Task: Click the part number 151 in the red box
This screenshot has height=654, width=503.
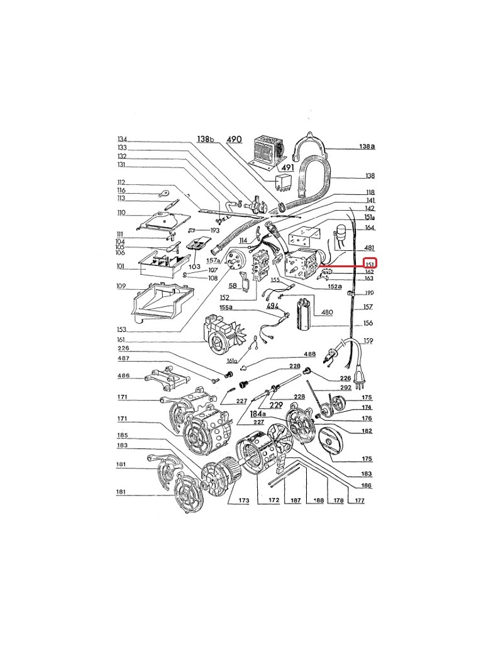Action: [371, 264]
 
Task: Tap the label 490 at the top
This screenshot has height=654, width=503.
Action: [234, 139]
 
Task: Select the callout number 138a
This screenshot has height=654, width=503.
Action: [367, 147]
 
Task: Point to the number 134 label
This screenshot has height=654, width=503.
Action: [122, 139]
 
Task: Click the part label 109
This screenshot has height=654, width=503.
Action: [121, 286]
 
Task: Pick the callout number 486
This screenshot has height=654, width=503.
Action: [123, 376]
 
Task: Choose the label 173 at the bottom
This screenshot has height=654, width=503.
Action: [244, 501]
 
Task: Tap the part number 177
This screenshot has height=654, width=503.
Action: [360, 501]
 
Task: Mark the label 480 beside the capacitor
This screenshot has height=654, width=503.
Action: [327, 313]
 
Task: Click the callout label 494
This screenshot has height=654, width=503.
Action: [272, 305]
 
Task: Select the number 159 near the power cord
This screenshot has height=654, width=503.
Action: [368, 341]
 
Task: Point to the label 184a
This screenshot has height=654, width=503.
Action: [258, 414]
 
